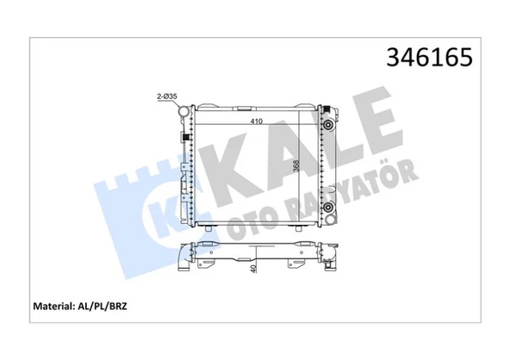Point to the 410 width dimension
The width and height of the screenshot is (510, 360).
(258, 121)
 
